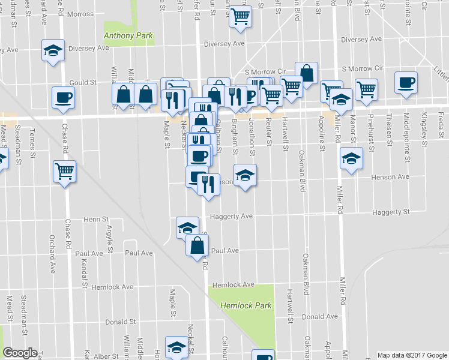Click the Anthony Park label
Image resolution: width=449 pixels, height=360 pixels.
[128, 36]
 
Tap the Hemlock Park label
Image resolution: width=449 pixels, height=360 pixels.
[246, 305]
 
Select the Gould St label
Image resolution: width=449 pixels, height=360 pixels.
[83, 83]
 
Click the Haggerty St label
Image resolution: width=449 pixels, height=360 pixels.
[390, 212]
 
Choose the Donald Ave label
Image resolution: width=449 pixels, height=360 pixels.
[316, 316]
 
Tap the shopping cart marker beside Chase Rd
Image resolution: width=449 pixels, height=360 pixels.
[64, 172]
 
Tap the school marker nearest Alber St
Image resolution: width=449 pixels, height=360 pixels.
[176, 346]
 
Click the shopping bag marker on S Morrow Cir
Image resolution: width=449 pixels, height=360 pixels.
[306, 73]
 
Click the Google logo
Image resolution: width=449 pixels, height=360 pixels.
[19, 353]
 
